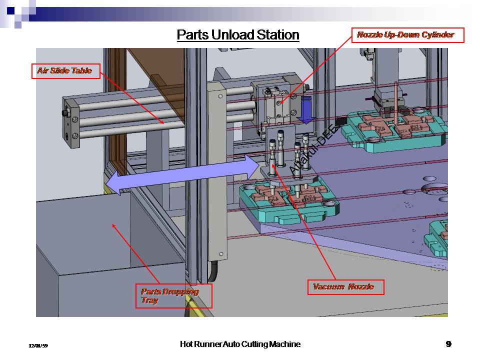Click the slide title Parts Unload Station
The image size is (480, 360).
click(x=238, y=35)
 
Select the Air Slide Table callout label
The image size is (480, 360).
click(x=65, y=71)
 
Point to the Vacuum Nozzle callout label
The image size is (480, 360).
click(x=345, y=287)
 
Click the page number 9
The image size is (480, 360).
click(x=448, y=343)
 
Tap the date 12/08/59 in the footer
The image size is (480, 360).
click(x=38, y=345)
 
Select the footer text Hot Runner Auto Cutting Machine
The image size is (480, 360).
click(x=240, y=344)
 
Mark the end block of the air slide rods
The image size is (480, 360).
click(x=70, y=122)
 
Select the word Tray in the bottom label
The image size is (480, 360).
click(x=149, y=300)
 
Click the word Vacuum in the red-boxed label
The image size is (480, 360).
click(x=328, y=287)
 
